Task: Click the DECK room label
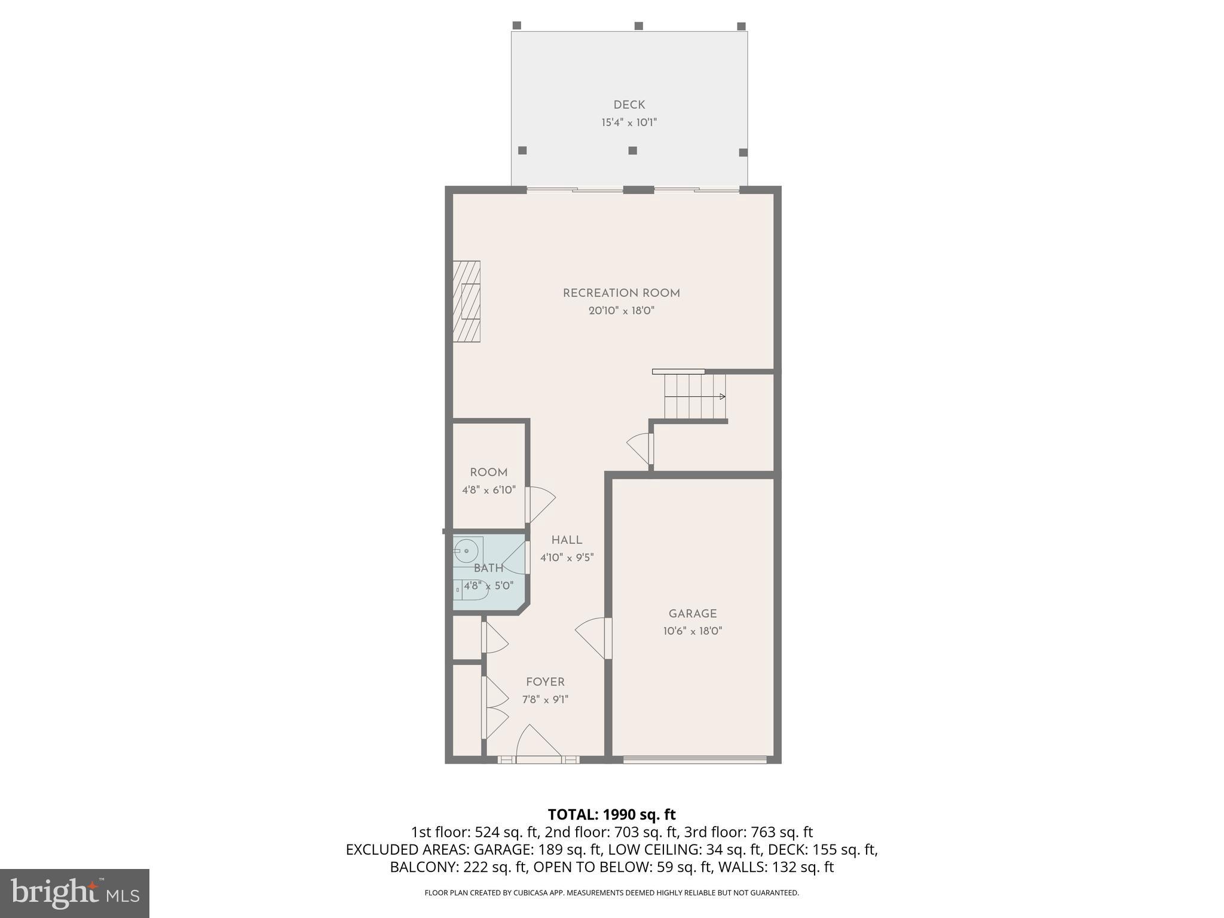pos(629,105)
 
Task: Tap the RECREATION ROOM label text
pos(621,293)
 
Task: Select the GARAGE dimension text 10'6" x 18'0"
pos(692,631)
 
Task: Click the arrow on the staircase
pos(722,396)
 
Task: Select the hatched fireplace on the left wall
pos(466,301)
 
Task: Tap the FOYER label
pos(545,683)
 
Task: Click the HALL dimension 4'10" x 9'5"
pos(567,558)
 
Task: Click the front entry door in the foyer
pos(538,744)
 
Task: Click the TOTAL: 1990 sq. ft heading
pos(611,815)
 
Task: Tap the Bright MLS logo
pos(75,893)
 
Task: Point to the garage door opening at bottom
pos(694,760)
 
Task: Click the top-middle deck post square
pos(638,26)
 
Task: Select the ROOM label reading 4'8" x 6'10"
pos(488,490)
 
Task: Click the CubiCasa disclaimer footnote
pos(611,893)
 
